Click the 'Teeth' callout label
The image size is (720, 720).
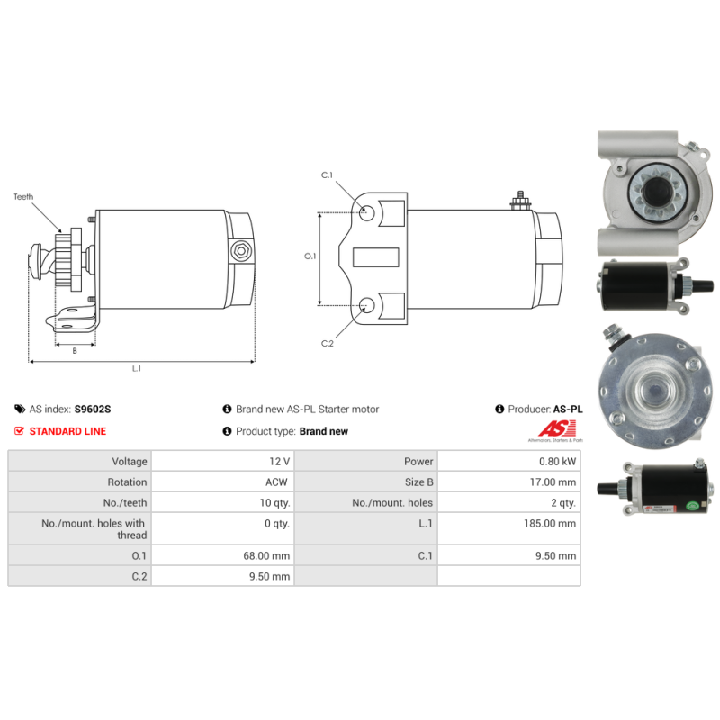tap(23, 195)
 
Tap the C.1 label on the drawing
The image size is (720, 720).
tap(328, 175)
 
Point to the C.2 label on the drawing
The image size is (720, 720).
tap(328, 343)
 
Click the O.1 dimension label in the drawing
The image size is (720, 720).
tap(310, 256)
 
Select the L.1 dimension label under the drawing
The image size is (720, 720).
tap(137, 368)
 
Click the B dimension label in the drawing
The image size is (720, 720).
tap(74, 351)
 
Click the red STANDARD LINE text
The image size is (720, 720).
tap(67, 431)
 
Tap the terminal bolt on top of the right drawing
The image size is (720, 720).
tap(519, 199)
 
